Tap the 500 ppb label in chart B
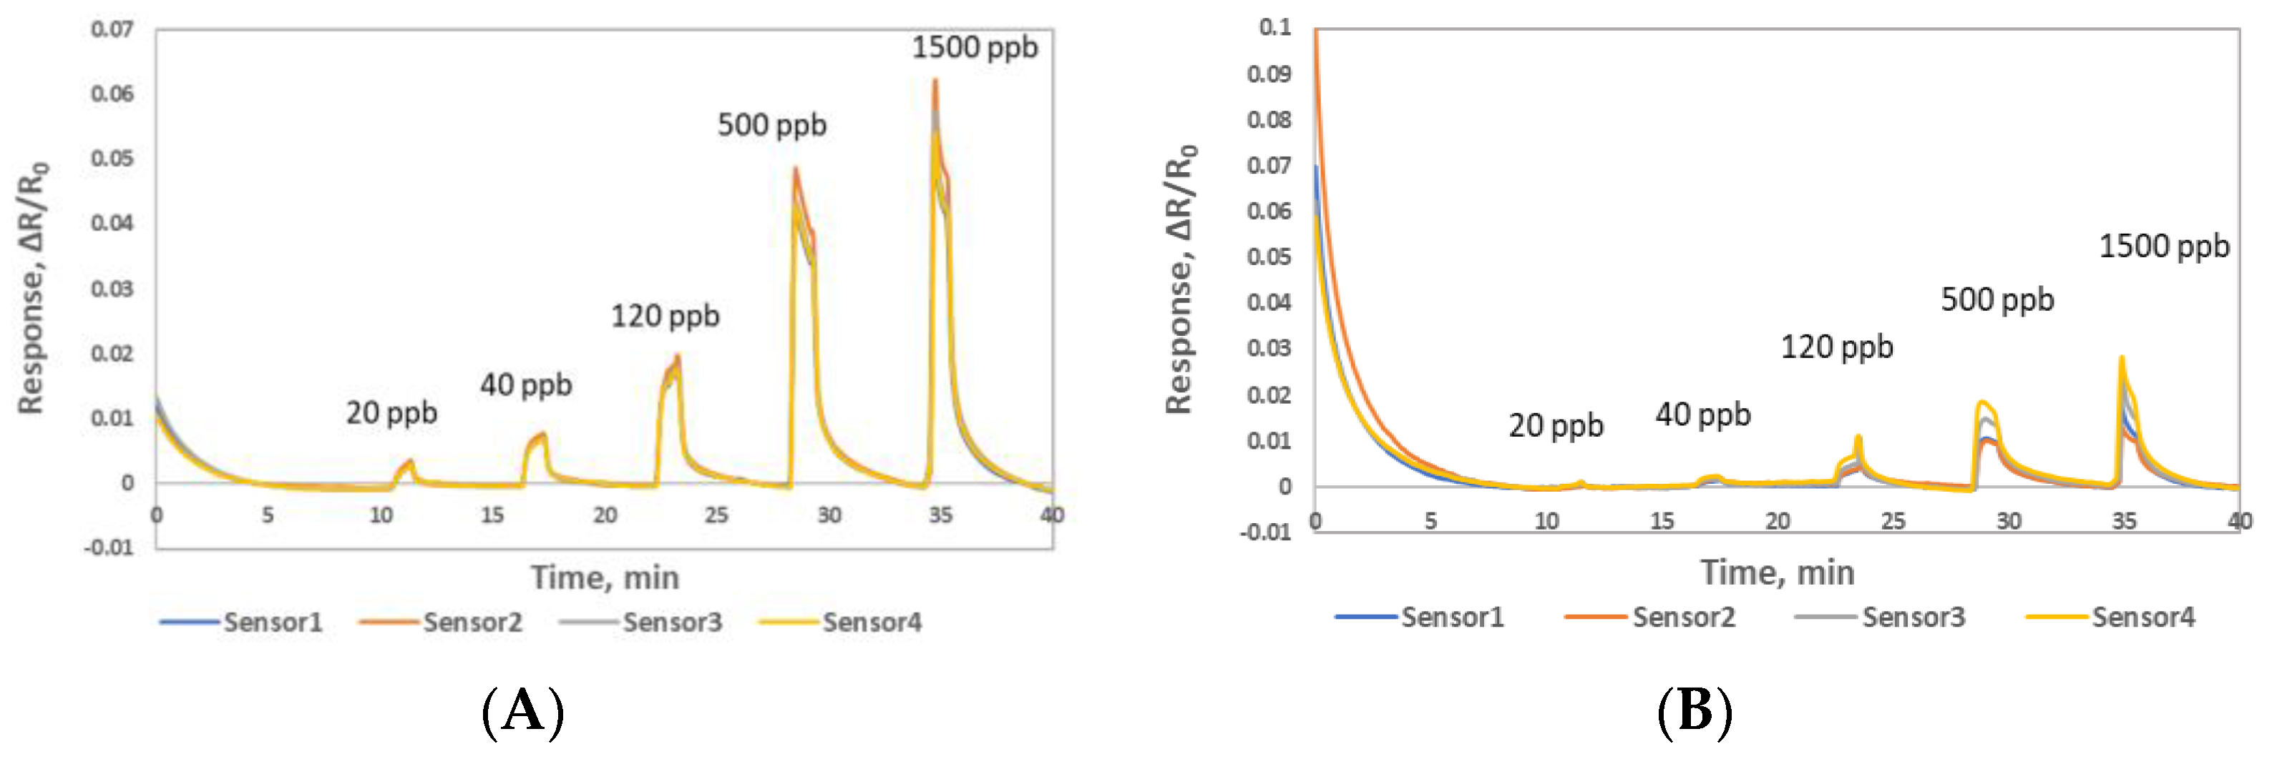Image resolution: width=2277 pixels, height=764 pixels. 1996,300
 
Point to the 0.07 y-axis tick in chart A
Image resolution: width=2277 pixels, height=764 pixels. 112,29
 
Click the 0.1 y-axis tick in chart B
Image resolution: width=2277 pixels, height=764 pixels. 1274,27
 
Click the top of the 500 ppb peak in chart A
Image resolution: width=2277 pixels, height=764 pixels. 796,169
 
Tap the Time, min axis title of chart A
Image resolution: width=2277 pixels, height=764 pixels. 605,577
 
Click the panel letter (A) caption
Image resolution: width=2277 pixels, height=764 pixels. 522,712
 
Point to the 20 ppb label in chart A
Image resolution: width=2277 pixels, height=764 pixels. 391,413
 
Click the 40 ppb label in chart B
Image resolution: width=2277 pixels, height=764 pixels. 1702,415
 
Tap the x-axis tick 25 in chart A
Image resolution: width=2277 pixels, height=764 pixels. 716,515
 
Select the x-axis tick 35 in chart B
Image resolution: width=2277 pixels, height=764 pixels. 2124,521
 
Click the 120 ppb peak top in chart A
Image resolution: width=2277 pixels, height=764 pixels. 677,356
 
